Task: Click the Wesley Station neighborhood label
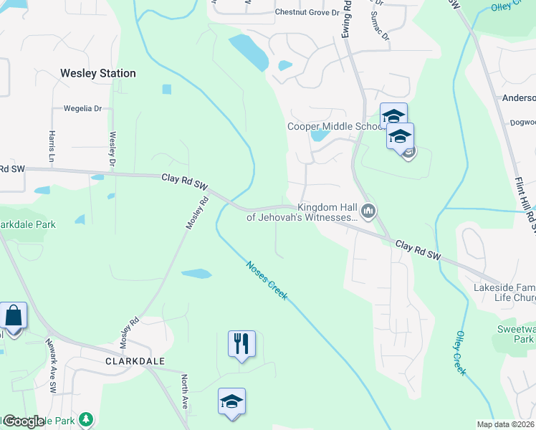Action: coord(98,73)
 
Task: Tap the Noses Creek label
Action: coord(267,279)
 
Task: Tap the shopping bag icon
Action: coord(13,315)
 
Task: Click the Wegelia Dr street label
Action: coord(83,109)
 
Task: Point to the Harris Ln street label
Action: coord(52,145)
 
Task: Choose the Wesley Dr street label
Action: coord(113,147)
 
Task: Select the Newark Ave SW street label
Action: coord(51,365)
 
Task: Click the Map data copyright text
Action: coord(505,424)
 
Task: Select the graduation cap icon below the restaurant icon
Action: coord(231,401)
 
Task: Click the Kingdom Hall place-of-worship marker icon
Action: coord(369,211)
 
